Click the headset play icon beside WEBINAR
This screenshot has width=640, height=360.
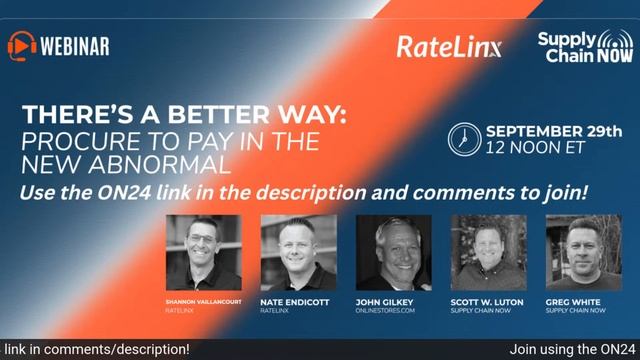coord(22,45)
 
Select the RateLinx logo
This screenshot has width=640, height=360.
coord(448,46)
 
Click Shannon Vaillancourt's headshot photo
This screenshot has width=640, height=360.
coord(203,252)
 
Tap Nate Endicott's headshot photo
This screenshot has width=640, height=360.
coord(298,252)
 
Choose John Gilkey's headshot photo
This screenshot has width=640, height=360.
coord(393,252)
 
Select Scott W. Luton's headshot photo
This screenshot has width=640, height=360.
coord(488,252)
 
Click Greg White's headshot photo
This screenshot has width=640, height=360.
coord(582,252)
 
